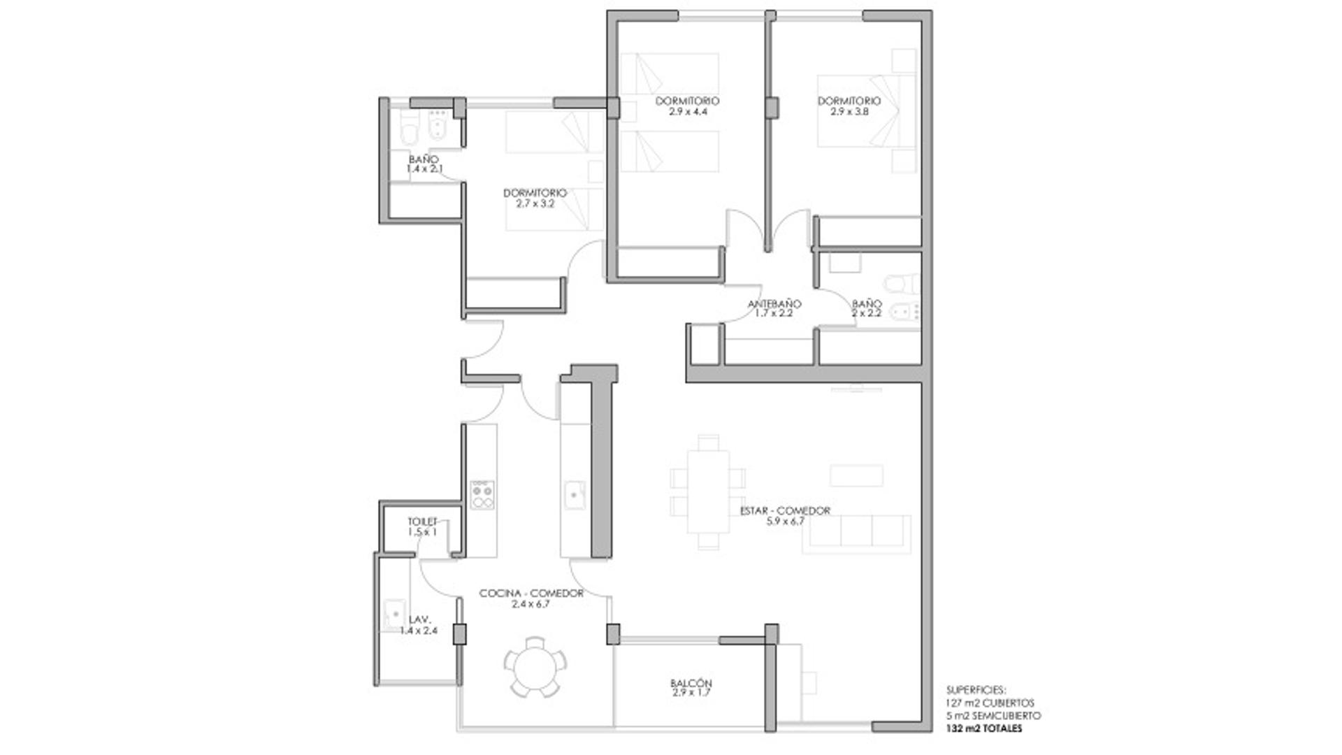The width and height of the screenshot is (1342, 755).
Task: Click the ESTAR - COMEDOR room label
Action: (x=785, y=510)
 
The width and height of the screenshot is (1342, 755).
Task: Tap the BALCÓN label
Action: (x=691, y=683)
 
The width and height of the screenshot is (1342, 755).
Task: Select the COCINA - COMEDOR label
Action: (x=531, y=593)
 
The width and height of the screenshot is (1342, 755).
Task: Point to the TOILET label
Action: (x=422, y=522)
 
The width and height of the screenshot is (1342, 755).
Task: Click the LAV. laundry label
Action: (x=419, y=619)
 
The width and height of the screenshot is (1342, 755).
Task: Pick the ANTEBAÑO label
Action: (x=774, y=304)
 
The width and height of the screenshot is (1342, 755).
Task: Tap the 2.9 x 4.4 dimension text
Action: (x=687, y=111)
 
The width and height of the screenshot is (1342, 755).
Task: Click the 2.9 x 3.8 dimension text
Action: (x=849, y=111)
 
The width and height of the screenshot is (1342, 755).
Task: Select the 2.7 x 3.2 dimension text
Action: (x=535, y=203)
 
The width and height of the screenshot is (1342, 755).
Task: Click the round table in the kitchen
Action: (x=535, y=666)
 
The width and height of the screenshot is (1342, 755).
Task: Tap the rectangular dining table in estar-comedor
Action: (x=707, y=491)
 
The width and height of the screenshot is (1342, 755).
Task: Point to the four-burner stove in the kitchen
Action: (x=482, y=494)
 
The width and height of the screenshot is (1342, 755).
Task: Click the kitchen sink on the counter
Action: (x=575, y=494)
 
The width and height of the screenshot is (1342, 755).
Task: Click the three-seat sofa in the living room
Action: (x=856, y=534)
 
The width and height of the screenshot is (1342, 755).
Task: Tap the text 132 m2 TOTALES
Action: (x=984, y=728)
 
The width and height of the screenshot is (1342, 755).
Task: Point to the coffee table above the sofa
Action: (x=856, y=475)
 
